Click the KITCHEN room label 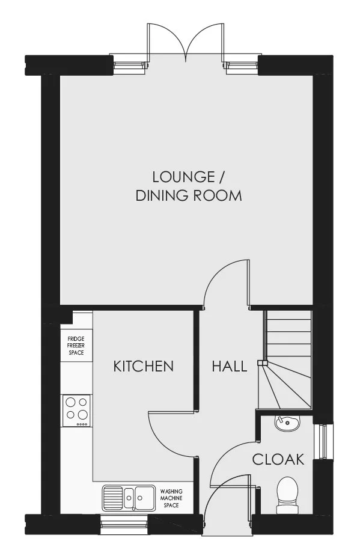[143, 366]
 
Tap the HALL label [229, 366]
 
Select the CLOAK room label [278, 459]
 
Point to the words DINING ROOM [189, 195]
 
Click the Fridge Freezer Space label [76, 346]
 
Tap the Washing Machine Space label [171, 498]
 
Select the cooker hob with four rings [76, 411]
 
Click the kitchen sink [129, 498]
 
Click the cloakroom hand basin [288, 423]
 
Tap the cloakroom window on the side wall [323, 441]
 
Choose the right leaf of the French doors [205, 40]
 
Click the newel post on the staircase [262, 362]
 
